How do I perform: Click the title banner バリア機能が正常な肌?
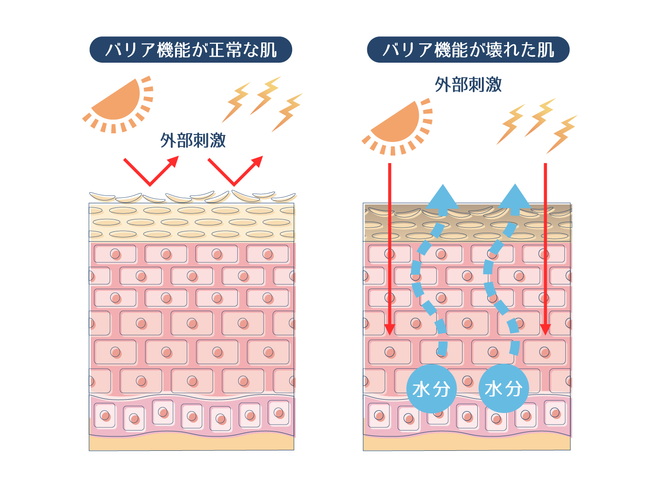[191, 49]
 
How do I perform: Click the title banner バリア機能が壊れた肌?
[468, 49]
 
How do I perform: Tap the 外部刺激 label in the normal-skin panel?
[193, 140]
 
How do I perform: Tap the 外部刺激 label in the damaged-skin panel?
[468, 85]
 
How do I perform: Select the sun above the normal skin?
[118, 104]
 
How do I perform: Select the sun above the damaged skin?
[397, 126]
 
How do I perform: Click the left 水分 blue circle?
[431, 389]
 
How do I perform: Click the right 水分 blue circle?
[504, 389]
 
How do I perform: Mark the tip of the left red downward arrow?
[390, 335]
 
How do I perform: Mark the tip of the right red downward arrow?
[545, 335]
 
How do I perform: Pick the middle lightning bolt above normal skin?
[265, 95]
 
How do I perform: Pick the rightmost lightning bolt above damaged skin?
[562, 135]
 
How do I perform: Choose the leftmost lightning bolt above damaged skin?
[511, 124]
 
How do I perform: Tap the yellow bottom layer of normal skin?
[191, 443]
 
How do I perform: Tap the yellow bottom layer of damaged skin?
[467, 443]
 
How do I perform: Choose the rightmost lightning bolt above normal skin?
[287, 112]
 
